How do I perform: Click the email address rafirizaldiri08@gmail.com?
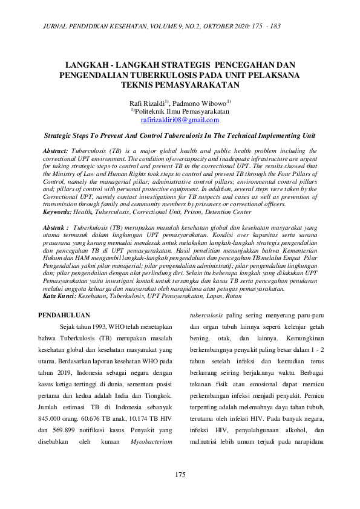180,120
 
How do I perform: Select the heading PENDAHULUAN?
64,315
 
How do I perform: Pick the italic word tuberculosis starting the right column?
206,315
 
